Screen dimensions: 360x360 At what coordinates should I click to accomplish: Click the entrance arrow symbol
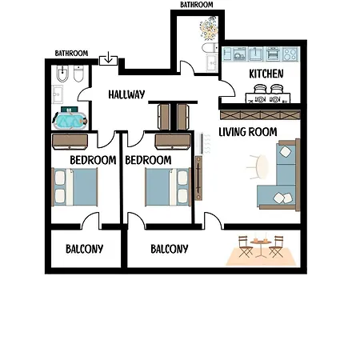click(108, 58)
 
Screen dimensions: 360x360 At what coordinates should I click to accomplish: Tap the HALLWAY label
click(126, 94)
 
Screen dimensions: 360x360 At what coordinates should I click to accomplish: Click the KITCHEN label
click(266, 74)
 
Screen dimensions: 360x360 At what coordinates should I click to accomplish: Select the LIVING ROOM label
click(248, 132)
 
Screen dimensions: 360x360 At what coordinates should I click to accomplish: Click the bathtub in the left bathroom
click(70, 121)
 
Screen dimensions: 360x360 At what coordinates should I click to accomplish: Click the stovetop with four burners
click(290, 54)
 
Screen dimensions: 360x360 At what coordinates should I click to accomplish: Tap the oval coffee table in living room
click(262, 167)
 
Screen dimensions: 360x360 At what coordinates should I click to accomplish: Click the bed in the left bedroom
click(74, 186)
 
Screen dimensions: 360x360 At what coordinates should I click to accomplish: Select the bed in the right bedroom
click(168, 186)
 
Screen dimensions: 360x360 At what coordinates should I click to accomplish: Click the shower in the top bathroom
click(209, 28)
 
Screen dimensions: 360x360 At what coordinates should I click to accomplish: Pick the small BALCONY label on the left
click(84, 249)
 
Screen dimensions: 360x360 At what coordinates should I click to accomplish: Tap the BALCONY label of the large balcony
click(170, 249)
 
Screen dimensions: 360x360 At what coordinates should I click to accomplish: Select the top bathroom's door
click(186, 67)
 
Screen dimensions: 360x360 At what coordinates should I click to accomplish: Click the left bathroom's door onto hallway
click(84, 94)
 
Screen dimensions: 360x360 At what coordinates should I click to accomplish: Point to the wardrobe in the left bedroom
click(70, 142)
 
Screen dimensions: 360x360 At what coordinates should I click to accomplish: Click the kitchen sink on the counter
click(254, 54)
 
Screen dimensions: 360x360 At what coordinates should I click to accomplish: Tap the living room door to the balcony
click(213, 221)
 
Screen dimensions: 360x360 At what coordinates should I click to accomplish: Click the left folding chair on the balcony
click(245, 246)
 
